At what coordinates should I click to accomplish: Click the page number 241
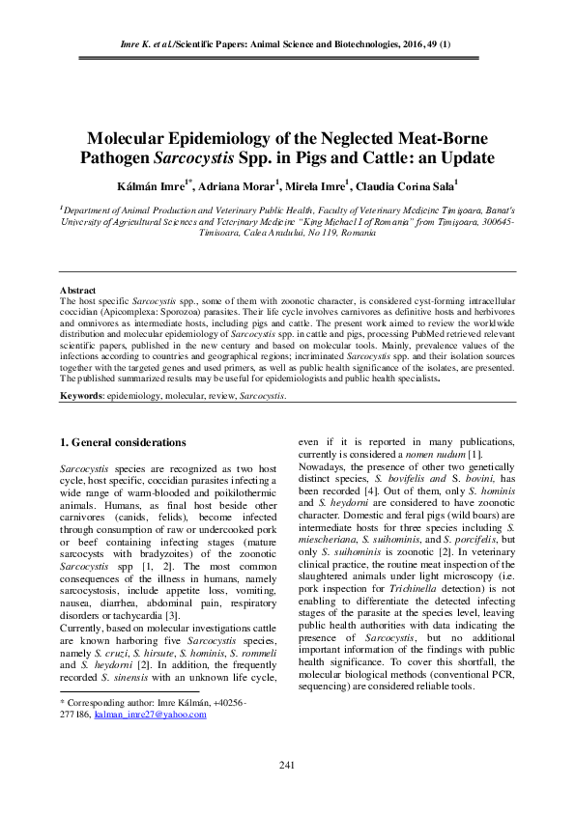[x=286, y=766]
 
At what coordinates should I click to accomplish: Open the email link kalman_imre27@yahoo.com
[x=151, y=715]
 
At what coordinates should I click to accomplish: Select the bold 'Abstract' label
[x=77, y=290]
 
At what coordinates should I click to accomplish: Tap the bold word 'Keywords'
[x=83, y=396]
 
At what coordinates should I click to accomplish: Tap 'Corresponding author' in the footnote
[x=104, y=705]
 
